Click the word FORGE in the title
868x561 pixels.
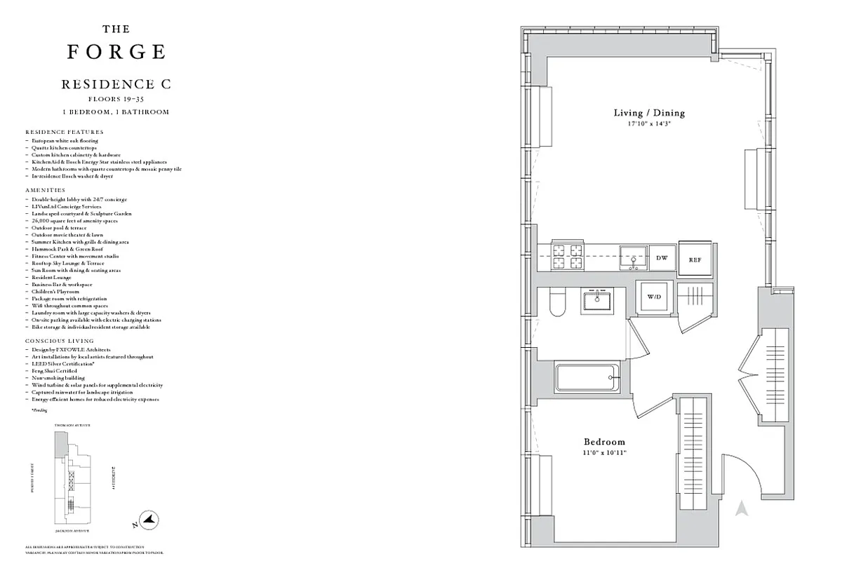[x=116, y=52]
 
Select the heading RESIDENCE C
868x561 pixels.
[x=116, y=84]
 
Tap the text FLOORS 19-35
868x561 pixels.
[x=116, y=100]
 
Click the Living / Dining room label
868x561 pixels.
[x=649, y=113]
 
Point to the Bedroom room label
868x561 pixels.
[x=604, y=442]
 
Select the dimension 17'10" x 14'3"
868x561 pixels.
[x=649, y=123]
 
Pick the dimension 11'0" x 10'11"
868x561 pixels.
[x=604, y=453]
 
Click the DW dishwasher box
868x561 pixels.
[x=661, y=258]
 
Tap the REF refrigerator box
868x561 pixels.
[x=695, y=259]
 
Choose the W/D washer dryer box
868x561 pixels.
[x=654, y=297]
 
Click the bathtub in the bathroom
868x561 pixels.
[x=587, y=379]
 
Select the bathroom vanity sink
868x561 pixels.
[x=596, y=301]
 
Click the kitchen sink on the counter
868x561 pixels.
[x=633, y=257]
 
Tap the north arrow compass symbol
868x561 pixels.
[x=149, y=521]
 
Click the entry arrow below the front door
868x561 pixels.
[x=741, y=508]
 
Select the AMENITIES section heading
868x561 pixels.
[x=45, y=190]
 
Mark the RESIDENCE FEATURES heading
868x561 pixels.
[x=64, y=132]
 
